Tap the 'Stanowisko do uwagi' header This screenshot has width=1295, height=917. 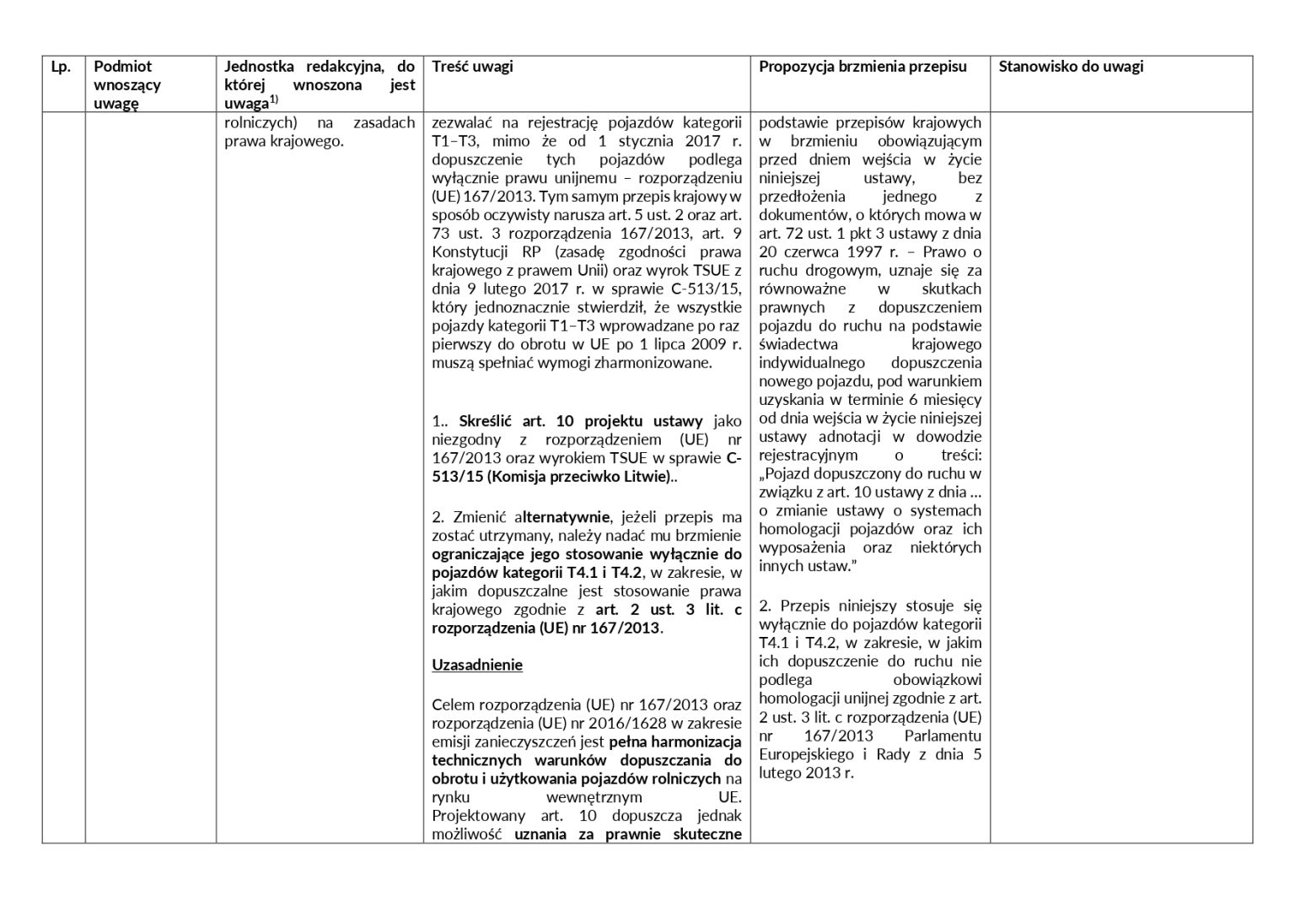1071,67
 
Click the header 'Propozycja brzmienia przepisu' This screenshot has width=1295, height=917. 862,67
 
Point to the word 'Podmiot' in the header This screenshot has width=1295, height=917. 123,67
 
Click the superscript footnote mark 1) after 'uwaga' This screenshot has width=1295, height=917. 274,100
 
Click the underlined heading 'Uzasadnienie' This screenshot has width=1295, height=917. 477,665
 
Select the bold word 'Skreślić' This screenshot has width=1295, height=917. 486,421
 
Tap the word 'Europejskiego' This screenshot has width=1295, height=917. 805,754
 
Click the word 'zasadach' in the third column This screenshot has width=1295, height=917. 384,122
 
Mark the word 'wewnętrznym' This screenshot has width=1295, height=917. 601,797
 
